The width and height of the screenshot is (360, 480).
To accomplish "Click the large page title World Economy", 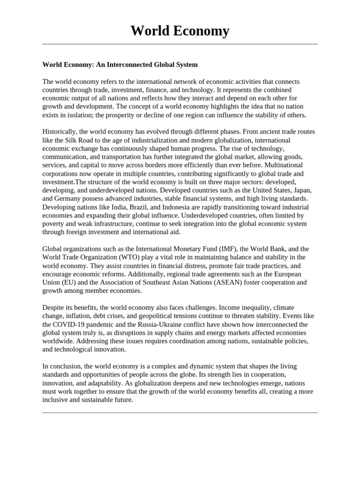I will click(x=180, y=30).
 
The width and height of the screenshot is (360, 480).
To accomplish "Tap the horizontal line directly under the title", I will click(x=180, y=45).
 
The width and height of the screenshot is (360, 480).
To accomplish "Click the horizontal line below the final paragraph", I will click(x=180, y=412).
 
